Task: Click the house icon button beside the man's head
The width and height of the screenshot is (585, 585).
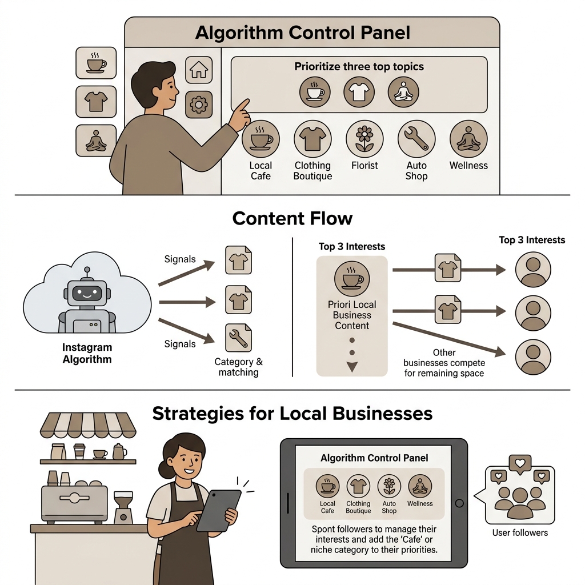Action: tap(199, 70)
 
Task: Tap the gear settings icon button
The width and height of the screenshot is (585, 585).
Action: tap(199, 105)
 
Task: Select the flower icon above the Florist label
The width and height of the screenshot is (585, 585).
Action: tap(364, 139)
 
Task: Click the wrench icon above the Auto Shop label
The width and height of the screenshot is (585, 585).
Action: tap(416, 139)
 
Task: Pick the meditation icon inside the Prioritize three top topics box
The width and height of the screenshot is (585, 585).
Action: tap(403, 92)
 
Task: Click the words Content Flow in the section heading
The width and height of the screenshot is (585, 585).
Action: tap(292, 218)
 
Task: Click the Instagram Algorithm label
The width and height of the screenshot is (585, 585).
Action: tap(87, 353)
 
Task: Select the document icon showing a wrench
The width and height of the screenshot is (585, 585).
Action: tap(238, 338)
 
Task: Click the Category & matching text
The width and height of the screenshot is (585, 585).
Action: tap(238, 367)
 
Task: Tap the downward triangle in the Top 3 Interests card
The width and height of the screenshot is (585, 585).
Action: tap(352, 366)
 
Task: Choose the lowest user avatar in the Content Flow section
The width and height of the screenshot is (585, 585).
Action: tap(533, 357)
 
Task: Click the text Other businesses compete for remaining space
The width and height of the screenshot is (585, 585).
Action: tap(444, 363)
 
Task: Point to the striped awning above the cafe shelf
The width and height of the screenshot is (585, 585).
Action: tap(88, 425)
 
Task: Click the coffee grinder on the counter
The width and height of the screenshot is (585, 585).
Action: tap(123, 507)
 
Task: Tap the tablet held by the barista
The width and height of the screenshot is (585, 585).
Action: tap(218, 510)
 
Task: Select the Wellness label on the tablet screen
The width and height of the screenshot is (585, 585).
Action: tap(420, 504)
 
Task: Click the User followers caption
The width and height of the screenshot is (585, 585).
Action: tap(520, 533)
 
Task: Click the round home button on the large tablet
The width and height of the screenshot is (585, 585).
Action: tap(459, 503)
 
